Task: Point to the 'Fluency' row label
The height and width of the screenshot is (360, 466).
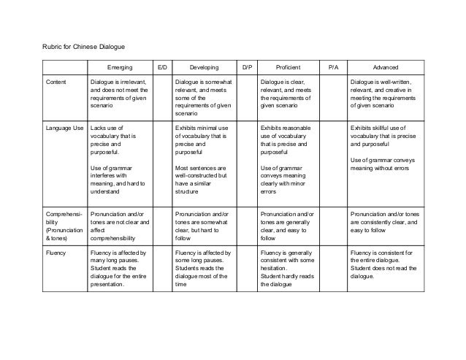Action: [x=57, y=253]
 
